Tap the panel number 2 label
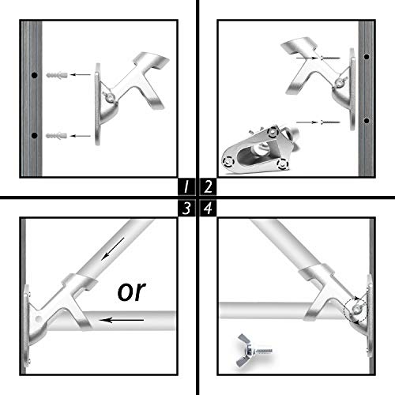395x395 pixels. pos(208,186)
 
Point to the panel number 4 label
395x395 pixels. pos(208,208)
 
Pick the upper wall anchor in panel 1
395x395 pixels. pos(56,75)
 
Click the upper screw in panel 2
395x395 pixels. pos(331,58)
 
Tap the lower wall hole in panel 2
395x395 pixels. pos(365,121)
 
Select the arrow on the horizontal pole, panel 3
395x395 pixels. pos(122,320)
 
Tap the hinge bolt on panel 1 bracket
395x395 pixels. pos(110,98)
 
